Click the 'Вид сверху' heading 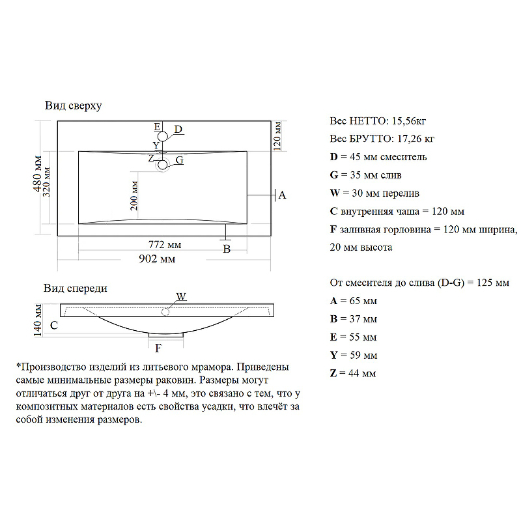tap(73, 105)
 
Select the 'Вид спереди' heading tap(76, 288)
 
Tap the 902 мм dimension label tap(158, 259)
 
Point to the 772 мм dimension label tap(165, 245)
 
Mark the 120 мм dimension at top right tap(277, 135)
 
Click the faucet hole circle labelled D tap(163, 136)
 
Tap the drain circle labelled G tap(163, 165)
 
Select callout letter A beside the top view tap(282, 195)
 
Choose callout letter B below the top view tap(227, 249)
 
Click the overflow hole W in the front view tap(165, 312)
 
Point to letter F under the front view tap(158, 348)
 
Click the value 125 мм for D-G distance tap(494, 283)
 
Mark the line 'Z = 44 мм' tap(354, 373)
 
